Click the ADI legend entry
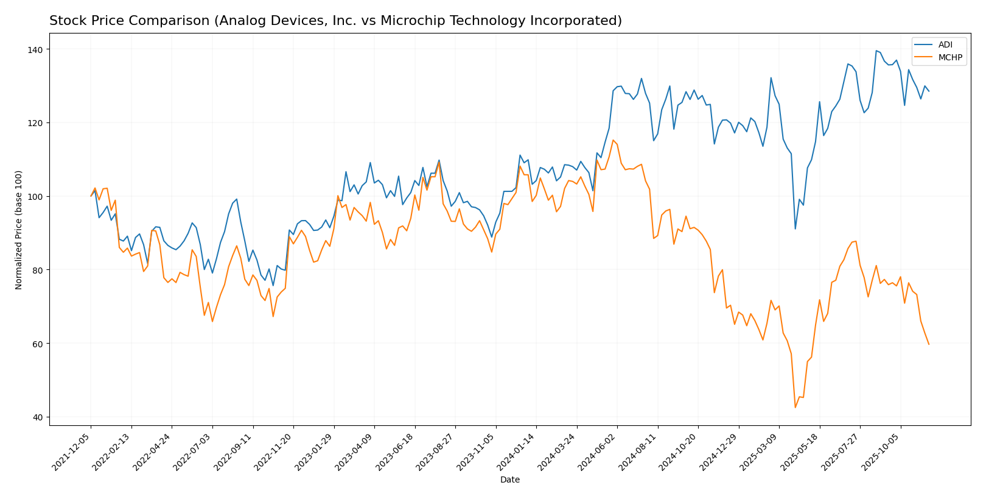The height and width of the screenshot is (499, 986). tap(945, 44)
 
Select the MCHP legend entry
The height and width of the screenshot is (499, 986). tap(949, 58)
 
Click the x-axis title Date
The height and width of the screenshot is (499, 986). tap(510, 480)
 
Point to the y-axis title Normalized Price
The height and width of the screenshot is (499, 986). tap(19, 230)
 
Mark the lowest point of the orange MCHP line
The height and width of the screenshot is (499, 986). tap(795, 408)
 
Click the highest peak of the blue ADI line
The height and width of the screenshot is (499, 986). tap(876, 51)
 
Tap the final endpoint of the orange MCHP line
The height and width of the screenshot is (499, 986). tap(929, 344)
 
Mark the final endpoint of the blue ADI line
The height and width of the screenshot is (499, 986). tap(929, 91)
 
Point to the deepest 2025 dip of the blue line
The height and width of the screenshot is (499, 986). tap(795, 228)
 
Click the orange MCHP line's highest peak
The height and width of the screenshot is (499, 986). tap(613, 140)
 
